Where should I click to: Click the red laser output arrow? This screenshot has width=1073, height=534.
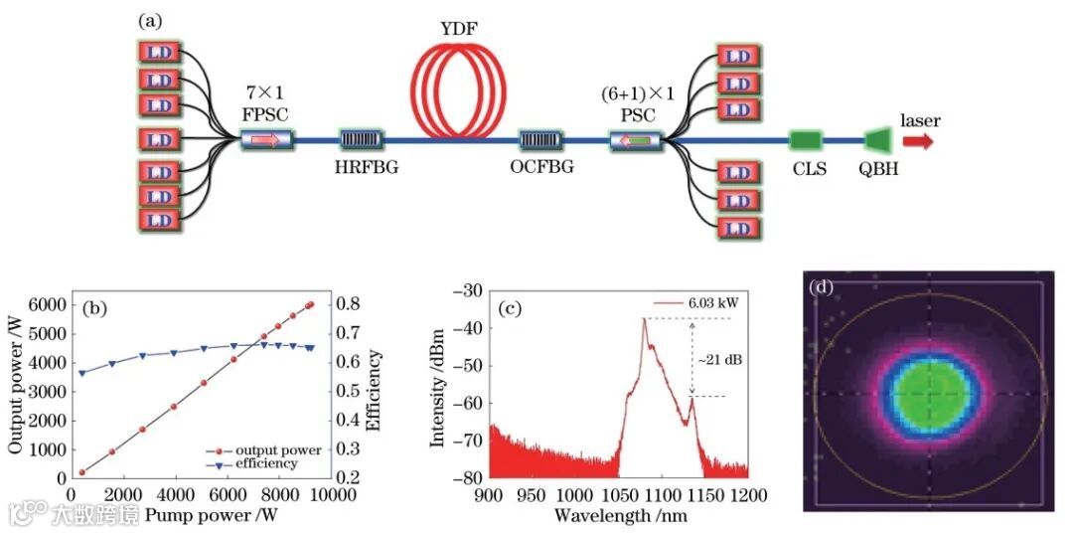click(x=919, y=141)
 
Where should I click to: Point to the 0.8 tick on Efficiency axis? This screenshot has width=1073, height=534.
click(x=350, y=305)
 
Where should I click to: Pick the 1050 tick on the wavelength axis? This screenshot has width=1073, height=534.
click(x=618, y=494)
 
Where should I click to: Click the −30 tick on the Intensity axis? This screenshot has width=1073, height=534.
click(x=465, y=290)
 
